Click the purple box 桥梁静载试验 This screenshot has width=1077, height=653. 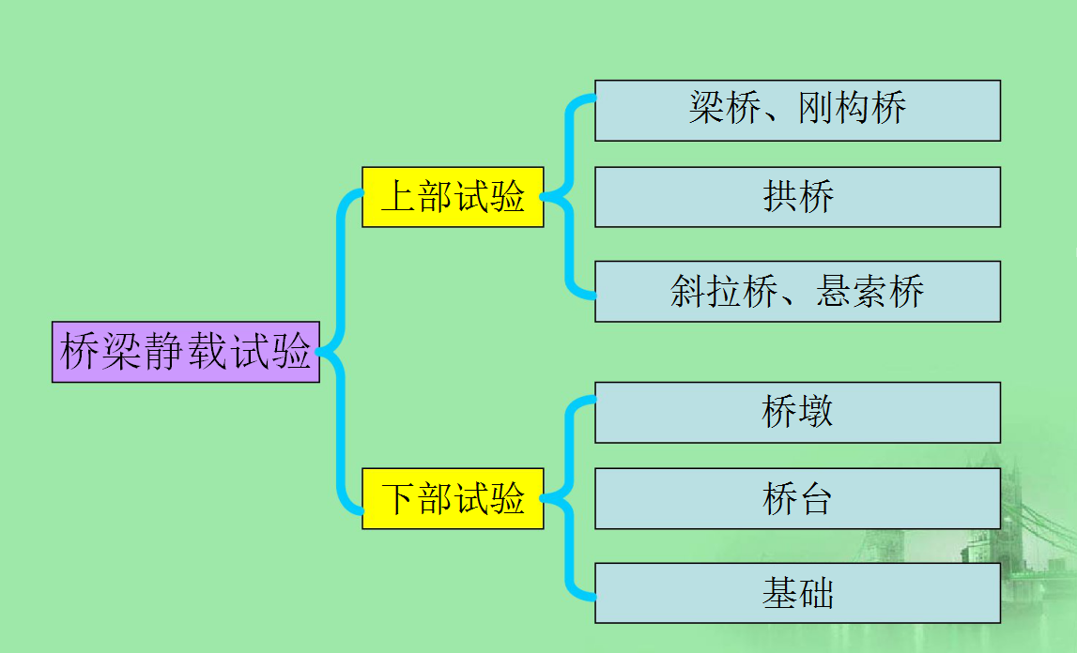point(186,352)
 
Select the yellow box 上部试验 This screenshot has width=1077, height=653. point(453,197)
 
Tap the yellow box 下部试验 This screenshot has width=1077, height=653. point(453,497)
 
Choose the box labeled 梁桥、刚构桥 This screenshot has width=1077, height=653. point(797,111)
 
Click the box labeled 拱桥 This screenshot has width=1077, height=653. point(797,197)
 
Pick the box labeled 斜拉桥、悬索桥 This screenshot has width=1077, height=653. point(797,292)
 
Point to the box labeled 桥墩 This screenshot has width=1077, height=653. point(797,412)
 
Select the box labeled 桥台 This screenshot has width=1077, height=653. point(797,498)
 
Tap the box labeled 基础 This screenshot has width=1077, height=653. point(797,593)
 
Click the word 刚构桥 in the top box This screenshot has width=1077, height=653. point(853,109)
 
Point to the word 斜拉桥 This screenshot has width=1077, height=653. point(724,292)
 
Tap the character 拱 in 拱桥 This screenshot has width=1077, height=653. point(780,197)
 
